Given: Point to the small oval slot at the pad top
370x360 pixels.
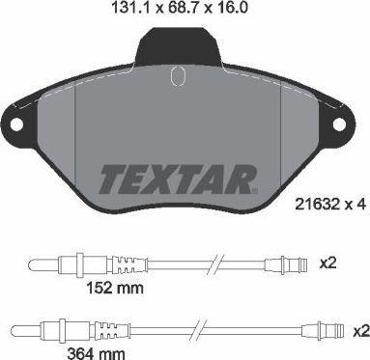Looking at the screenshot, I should (176, 76).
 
